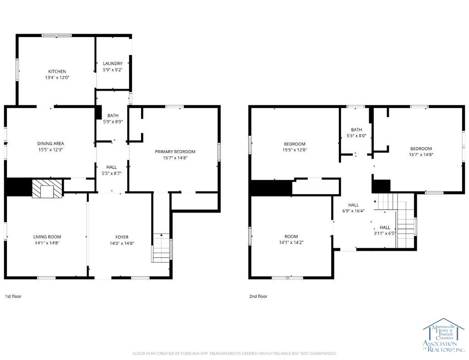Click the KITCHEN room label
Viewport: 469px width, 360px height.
pyautogui.click(x=57, y=71)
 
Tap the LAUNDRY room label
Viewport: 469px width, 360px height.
pyautogui.click(x=113, y=63)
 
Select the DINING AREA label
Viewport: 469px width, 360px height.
pyautogui.click(x=50, y=143)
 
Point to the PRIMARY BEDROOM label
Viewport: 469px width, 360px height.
pyautogui.click(x=175, y=152)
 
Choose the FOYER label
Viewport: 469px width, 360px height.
pyautogui.click(x=122, y=237)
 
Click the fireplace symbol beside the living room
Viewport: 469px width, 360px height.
pyautogui.click(x=47, y=188)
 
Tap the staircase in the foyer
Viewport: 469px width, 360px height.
pyautogui.click(x=161, y=247)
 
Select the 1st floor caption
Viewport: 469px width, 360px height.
pyautogui.click(x=13, y=296)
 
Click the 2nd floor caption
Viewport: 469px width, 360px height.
pyautogui.click(x=258, y=296)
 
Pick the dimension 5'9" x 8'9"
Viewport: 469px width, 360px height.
pyautogui.click(x=113, y=122)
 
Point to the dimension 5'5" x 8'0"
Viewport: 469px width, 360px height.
pyautogui.click(x=356, y=136)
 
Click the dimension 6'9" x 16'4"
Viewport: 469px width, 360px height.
pyautogui.click(x=353, y=211)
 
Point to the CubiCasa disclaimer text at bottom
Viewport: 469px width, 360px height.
pyautogui.click(x=234, y=353)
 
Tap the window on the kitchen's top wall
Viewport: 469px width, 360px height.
pyautogui.click(x=57, y=35)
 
